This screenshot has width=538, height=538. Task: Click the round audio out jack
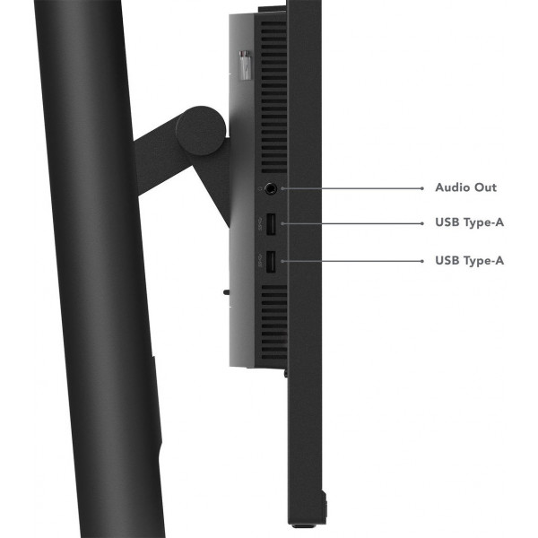click(271, 188)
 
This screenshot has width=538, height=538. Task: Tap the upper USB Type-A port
click(271, 224)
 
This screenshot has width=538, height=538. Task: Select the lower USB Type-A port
click(271, 263)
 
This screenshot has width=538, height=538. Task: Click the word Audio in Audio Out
click(453, 187)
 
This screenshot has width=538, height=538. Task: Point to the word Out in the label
click(485, 187)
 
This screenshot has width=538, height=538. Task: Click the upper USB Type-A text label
click(469, 222)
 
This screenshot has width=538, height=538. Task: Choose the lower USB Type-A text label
click(469, 261)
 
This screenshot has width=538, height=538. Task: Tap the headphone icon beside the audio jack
click(260, 188)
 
